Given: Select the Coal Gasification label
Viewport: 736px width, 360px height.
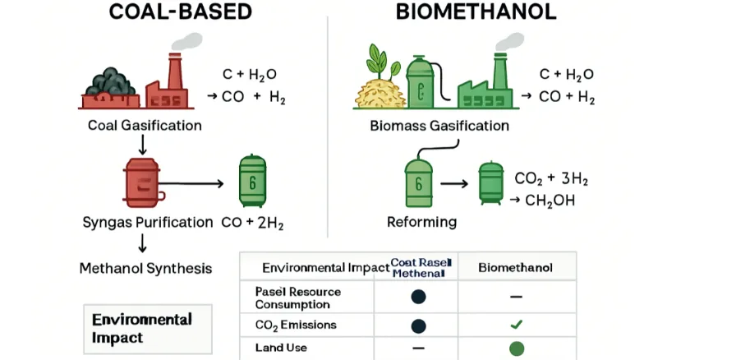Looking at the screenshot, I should coord(145,126).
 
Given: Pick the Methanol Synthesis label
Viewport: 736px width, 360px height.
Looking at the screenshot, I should coord(145,268).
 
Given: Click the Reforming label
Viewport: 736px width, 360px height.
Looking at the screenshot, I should coord(421,222).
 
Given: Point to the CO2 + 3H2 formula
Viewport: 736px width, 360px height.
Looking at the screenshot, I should coord(551,179).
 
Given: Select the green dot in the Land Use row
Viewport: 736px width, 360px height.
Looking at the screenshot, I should coord(516,348).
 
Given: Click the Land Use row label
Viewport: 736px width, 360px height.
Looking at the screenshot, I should coord(281,348).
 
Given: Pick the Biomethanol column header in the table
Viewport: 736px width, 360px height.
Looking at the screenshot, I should coord(516,268).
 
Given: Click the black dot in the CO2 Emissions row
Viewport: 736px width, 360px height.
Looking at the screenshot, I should coord(419,325).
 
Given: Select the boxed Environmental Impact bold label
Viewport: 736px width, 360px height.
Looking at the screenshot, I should coord(142,328).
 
